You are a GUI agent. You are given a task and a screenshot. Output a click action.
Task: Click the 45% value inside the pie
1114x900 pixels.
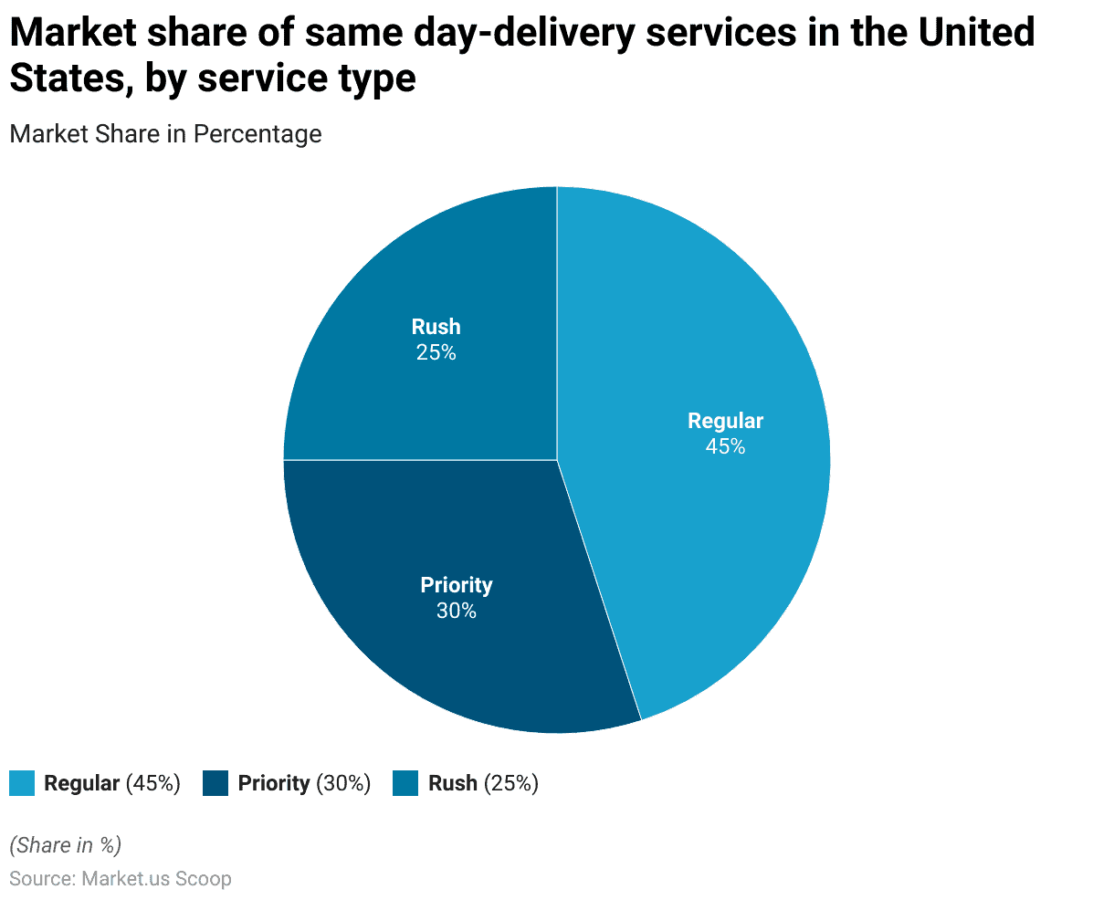click(725, 446)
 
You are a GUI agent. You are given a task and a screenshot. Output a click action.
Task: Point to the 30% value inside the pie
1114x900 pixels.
click(457, 611)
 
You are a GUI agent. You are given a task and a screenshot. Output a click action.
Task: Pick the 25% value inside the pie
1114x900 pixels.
click(436, 352)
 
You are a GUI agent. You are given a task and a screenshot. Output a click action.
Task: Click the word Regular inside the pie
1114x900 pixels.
click(725, 421)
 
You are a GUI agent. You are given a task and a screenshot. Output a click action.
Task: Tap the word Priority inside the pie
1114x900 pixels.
click(457, 585)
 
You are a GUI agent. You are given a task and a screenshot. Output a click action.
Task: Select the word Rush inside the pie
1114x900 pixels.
click(436, 327)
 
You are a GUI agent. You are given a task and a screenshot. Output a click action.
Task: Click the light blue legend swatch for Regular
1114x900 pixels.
click(22, 783)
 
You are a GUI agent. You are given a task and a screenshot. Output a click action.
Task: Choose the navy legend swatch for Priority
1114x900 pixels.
click(215, 783)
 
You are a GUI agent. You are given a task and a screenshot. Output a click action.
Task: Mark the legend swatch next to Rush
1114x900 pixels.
click(405, 783)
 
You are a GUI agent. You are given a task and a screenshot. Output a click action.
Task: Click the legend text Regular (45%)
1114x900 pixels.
click(112, 783)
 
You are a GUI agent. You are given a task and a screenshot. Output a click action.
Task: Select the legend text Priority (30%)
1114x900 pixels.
click(304, 783)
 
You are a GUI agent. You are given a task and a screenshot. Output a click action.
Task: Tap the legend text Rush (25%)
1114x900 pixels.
click(483, 783)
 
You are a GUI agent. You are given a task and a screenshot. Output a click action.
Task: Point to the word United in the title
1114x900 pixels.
click(976, 34)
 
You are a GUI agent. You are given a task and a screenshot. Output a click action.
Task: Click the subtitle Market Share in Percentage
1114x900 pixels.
click(165, 134)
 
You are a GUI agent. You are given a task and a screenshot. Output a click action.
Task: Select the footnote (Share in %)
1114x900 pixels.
click(65, 845)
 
